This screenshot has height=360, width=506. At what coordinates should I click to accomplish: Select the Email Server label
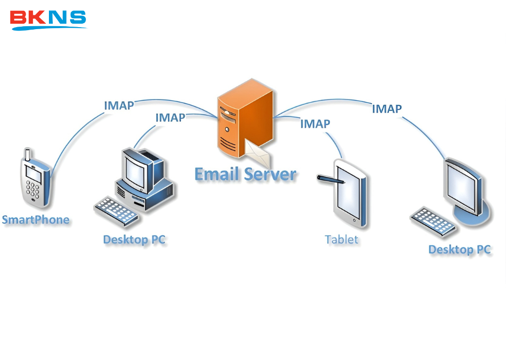pyautogui.click(x=245, y=174)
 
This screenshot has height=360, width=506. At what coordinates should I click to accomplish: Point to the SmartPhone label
pyautogui.click(x=36, y=220)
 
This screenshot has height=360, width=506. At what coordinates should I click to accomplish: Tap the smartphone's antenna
pyautogui.click(x=28, y=154)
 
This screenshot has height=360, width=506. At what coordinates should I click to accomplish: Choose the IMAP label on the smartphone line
pyautogui.click(x=119, y=105)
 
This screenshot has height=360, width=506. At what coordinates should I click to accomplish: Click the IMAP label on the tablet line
pyautogui.click(x=315, y=124)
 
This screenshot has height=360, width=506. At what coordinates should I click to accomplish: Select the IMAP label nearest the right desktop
pyautogui.click(x=386, y=109)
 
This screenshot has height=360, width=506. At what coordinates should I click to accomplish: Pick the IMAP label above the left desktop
pyautogui.click(x=170, y=118)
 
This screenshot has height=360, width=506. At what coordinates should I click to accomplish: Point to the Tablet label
pyautogui.click(x=341, y=240)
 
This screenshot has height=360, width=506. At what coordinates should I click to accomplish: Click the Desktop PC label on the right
pyautogui.click(x=459, y=250)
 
